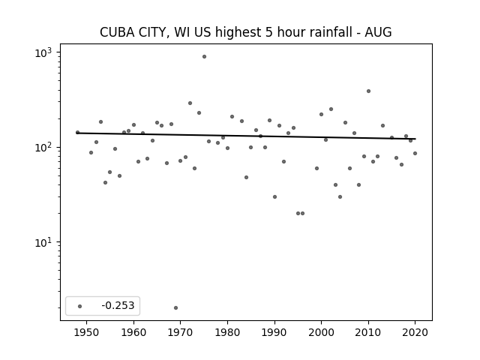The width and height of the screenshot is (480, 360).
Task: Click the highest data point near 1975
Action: click(204, 57)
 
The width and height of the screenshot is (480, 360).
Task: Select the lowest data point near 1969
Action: click(175, 307)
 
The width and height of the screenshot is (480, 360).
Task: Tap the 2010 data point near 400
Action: click(368, 91)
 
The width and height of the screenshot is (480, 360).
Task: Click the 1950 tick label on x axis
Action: click(87, 332)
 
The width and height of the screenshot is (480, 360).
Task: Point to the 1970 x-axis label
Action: click(180, 332)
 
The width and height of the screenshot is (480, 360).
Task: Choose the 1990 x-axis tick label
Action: click(274, 332)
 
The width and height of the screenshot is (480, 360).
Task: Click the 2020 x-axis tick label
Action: click(415, 332)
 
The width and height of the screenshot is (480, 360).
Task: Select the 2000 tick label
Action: click(322, 332)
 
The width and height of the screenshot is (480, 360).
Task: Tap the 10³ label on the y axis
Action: click(43, 53)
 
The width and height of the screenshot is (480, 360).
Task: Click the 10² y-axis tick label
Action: click(43, 148)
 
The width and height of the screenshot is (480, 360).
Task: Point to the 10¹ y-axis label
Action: click(43, 243)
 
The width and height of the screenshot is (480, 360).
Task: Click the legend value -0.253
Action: click(118, 305)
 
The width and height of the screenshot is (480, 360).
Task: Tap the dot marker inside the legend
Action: click(80, 306)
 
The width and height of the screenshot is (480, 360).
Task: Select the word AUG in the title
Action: click(378, 32)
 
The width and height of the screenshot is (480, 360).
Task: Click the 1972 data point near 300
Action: click(190, 103)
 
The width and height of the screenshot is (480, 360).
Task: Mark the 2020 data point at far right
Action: click(415, 153)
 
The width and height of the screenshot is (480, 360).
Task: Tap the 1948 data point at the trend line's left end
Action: click(77, 132)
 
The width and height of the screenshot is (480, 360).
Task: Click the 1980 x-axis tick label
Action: click(227, 332)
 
